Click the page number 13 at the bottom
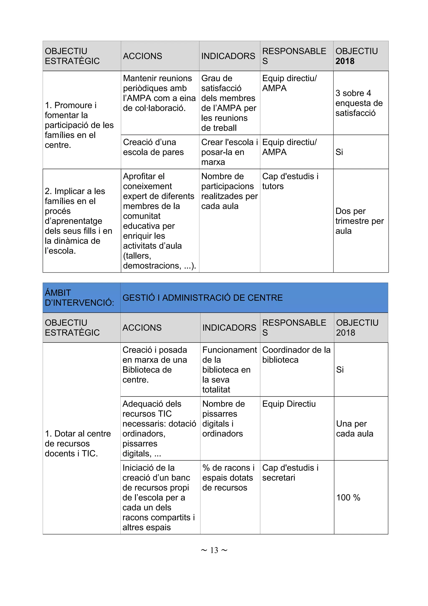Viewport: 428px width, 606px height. tap(214, 550)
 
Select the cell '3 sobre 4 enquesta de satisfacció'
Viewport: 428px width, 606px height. tap(359, 103)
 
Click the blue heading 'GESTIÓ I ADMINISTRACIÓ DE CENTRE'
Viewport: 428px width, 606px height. tap(203, 298)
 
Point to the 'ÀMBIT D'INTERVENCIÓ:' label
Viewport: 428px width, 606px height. tap(79, 298)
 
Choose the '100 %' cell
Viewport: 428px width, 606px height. tap(348, 497)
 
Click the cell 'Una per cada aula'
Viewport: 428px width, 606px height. tap(354, 429)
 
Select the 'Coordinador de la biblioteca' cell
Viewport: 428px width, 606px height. tap(296, 355)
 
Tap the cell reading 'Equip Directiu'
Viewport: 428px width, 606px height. tap(289, 404)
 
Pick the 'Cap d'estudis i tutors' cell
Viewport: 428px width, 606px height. tap(290, 181)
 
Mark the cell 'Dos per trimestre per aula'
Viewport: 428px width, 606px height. tap(359, 221)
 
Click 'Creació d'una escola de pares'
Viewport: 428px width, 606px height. tap(153, 147)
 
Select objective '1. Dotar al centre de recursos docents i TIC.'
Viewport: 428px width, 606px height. tap(78, 443)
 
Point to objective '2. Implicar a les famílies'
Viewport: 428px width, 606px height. tap(79, 221)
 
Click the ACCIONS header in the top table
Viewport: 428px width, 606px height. tap(142, 56)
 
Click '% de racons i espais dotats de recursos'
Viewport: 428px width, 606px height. tap(228, 478)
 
